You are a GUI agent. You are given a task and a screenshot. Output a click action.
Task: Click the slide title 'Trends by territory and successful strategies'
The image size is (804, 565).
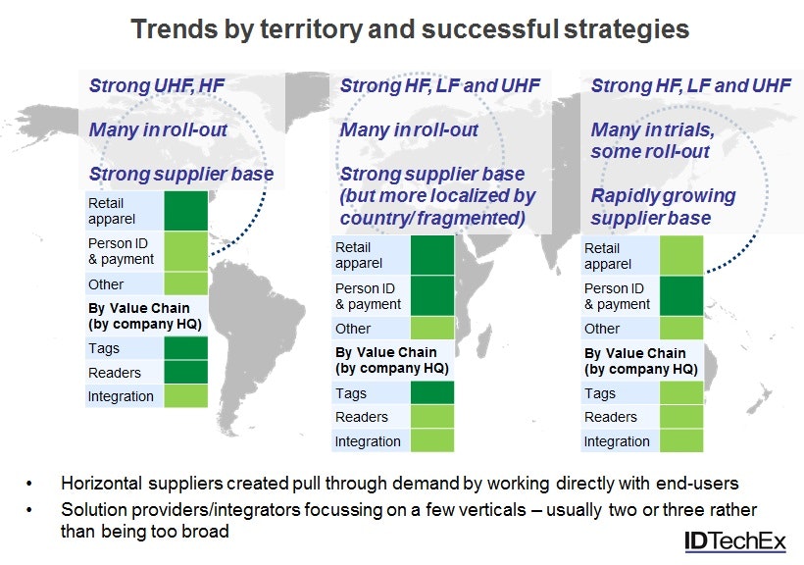click(410, 29)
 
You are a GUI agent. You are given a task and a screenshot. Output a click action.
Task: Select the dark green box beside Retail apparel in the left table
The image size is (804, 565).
click(185, 211)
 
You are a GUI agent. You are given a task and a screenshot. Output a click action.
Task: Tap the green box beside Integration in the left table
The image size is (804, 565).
click(185, 396)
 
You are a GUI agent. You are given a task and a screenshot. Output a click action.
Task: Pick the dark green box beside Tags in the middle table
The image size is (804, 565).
click(432, 393)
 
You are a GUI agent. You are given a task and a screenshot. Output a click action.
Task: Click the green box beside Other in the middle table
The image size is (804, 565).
click(432, 329)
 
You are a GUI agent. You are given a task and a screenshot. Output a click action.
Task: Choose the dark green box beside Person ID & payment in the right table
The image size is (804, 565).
click(681, 296)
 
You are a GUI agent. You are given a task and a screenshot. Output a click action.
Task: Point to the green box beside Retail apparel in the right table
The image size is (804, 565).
click(681, 256)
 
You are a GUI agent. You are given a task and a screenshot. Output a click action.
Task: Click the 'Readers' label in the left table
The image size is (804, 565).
click(115, 373)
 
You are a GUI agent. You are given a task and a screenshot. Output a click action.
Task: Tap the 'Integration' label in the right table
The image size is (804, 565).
click(617, 441)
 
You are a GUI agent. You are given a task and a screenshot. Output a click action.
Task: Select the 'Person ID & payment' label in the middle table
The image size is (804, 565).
click(368, 296)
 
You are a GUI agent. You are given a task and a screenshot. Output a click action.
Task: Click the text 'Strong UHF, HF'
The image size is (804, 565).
click(157, 86)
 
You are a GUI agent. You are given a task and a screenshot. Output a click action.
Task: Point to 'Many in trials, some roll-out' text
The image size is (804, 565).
click(650, 140)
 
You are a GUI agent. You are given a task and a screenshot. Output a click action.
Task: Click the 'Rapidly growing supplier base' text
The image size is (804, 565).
click(662, 205)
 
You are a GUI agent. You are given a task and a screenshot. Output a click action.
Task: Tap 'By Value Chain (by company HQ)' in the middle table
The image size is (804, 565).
click(391, 360)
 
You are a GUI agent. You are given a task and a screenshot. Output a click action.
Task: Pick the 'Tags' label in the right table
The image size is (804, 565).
click(599, 393)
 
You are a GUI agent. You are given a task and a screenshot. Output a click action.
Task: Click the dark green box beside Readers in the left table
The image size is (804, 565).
click(185, 373)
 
